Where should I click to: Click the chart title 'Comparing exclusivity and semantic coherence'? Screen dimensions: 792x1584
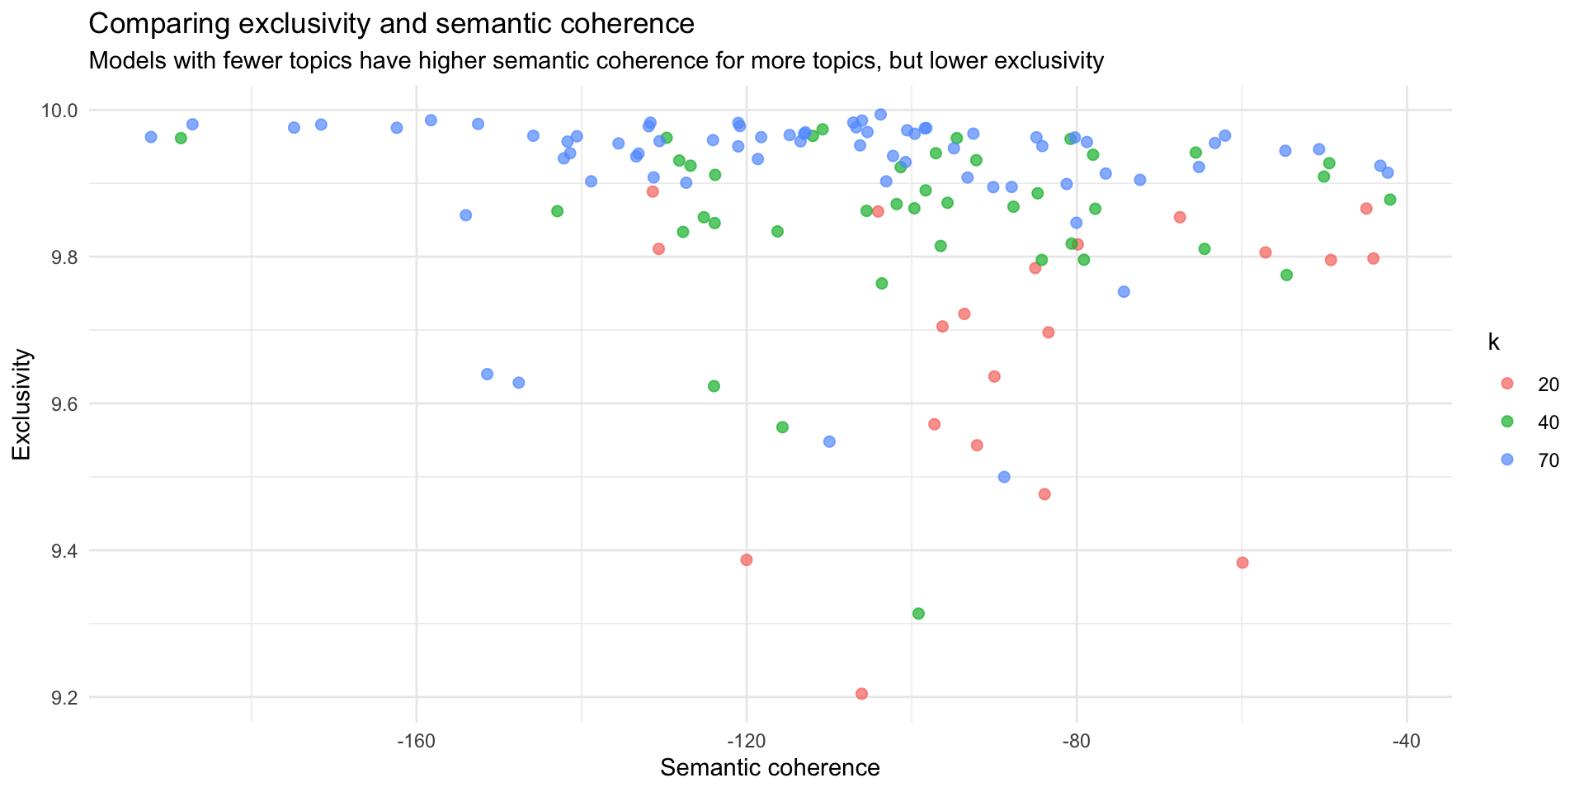[391, 24]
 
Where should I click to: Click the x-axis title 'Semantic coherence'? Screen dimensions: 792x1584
[770, 768]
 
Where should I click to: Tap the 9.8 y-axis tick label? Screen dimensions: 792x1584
[63, 257]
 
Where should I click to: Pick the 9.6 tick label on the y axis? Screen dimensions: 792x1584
[63, 404]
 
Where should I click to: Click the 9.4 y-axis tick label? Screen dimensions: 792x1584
[63, 551]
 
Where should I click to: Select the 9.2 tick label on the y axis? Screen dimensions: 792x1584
[63, 698]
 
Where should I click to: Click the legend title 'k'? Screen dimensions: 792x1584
[1493, 343]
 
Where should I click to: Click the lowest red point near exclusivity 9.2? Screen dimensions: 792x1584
[861, 694]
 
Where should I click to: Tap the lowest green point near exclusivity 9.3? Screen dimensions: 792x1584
[918, 614]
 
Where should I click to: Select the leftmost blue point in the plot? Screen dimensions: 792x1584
[151, 137]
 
